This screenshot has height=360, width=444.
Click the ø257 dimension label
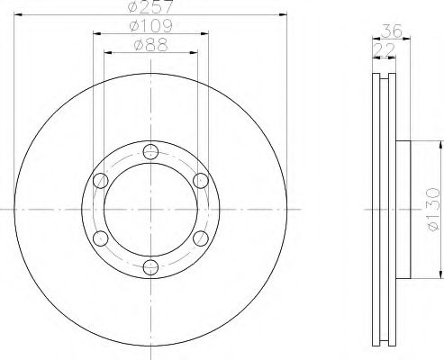click(x=150, y=6)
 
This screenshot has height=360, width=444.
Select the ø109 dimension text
click(x=150, y=26)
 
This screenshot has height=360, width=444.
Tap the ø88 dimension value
click(x=151, y=45)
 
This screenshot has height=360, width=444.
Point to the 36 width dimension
click(x=392, y=31)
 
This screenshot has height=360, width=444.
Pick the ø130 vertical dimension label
click(x=433, y=210)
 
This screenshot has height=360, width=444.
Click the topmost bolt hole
click(x=150, y=152)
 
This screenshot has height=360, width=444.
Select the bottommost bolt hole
click(x=150, y=267)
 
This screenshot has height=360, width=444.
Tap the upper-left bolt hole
click(x=101, y=181)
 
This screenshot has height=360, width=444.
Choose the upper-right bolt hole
click(x=201, y=181)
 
